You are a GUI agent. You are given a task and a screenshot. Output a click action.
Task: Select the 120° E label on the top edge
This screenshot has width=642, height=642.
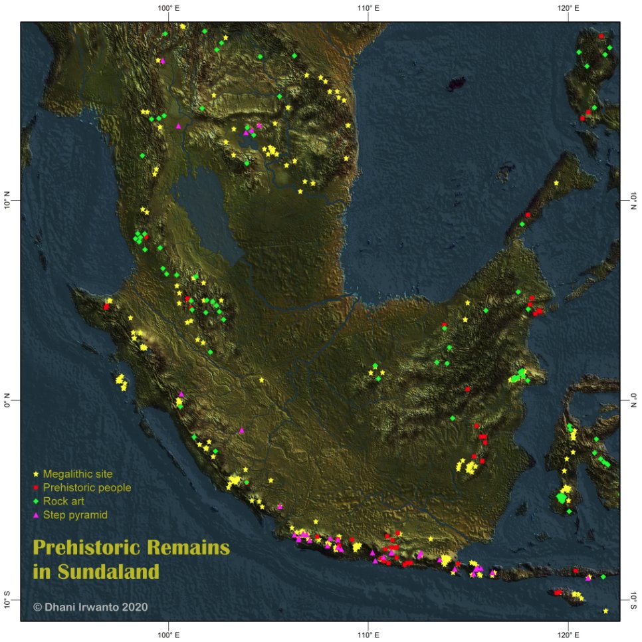(x=568, y=8)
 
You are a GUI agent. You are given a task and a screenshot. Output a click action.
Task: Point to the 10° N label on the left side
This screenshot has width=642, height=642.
(x=9, y=201)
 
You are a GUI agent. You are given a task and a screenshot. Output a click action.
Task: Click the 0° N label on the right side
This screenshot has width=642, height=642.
(x=633, y=399)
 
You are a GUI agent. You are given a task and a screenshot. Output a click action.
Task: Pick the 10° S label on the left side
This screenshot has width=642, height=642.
(x=9, y=599)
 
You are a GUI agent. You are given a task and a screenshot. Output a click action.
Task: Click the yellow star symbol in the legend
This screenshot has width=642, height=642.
(x=37, y=475)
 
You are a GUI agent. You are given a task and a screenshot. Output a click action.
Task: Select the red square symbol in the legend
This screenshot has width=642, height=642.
(x=37, y=488)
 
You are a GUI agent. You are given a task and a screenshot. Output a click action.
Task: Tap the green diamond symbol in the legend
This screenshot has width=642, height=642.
(x=37, y=501)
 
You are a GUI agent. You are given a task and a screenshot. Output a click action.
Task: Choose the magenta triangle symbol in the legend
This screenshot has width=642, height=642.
(x=37, y=515)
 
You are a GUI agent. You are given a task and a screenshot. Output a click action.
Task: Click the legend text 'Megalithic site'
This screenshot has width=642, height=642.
(x=78, y=475)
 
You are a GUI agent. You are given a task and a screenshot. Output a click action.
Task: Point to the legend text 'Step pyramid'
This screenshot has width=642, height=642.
(x=75, y=515)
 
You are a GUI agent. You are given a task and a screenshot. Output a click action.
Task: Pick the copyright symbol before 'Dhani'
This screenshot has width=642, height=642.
(x=38, y=607)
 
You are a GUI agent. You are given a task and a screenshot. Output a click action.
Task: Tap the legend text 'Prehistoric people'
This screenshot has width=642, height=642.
(x=87, y=488)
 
